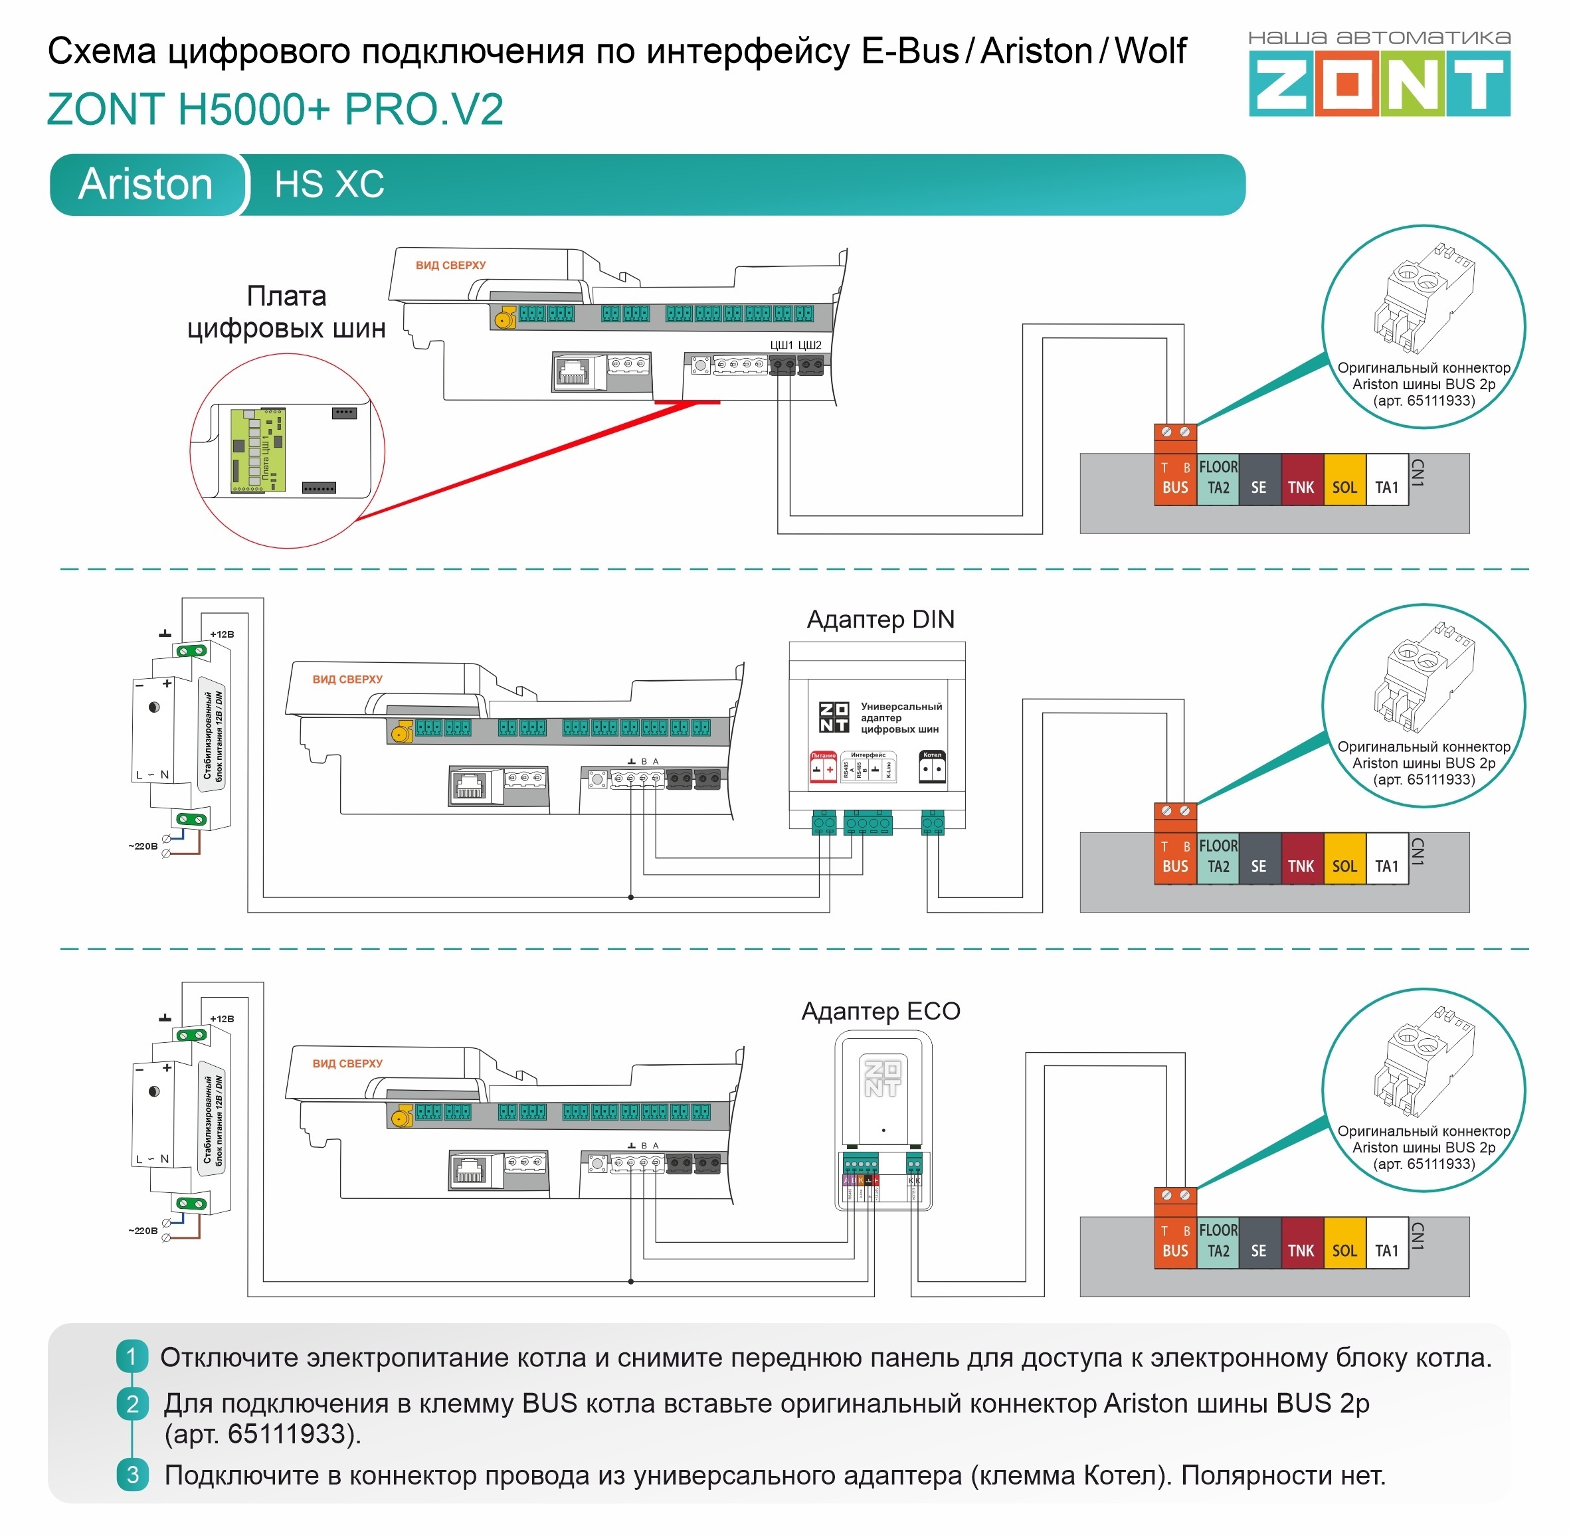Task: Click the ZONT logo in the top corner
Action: pos(1379,82)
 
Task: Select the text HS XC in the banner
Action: pos(329,184)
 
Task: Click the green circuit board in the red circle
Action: pos(258,449)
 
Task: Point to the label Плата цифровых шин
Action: pos(286,312)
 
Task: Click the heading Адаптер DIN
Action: pos(880,619)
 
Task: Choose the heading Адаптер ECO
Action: pos(880,1011)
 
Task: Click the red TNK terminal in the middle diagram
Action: pos(1301,859)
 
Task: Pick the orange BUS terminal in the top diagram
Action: pos(1174,480)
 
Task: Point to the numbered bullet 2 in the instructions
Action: pos(132,1403)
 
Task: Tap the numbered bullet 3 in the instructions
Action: pos(132,1475)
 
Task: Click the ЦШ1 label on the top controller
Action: pos(781,345)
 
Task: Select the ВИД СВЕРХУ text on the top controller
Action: pos(450,265)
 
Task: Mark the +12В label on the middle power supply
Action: pos(222,634)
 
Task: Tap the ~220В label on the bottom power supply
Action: pos(143,1231)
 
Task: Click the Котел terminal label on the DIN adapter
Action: pos(932,755)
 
